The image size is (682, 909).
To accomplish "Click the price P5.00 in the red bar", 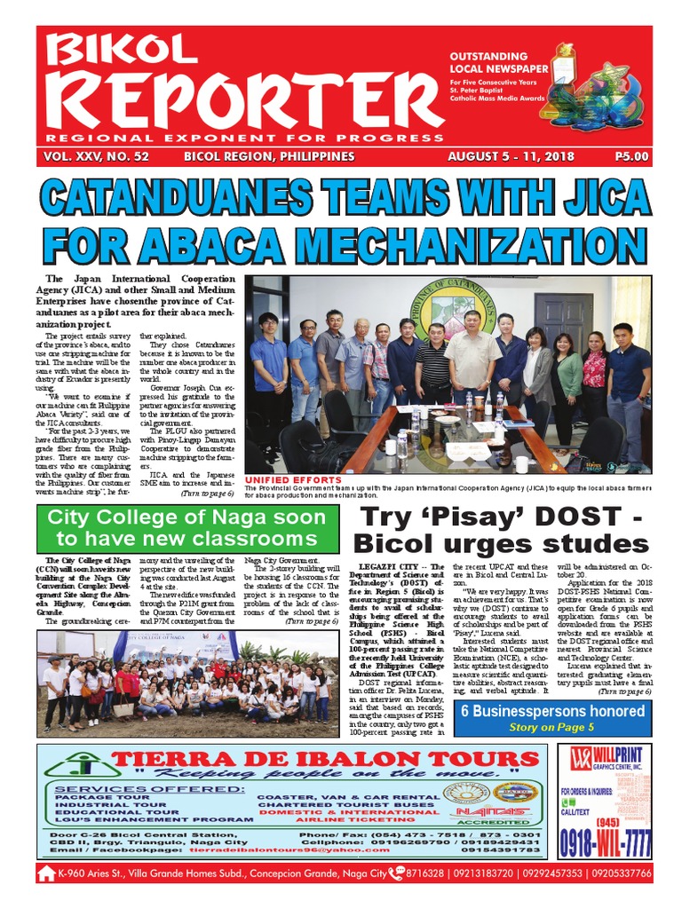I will pos(631,156).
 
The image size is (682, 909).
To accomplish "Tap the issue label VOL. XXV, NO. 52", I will pos(95,156).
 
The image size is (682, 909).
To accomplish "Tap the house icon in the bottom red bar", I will pos(47,874).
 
